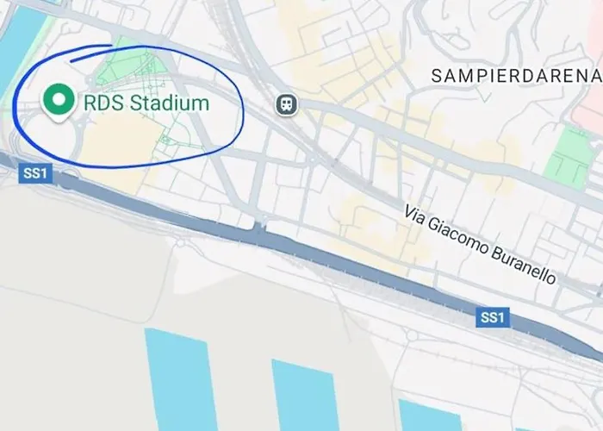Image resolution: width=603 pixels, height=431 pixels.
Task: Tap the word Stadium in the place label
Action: (x=168, y=104)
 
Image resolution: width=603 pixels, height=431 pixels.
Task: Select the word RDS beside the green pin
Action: (x=103, y=104)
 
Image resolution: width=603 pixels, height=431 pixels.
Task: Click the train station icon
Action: (x=286, y=104)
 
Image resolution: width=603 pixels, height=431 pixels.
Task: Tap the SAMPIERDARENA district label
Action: (x=513, y=75)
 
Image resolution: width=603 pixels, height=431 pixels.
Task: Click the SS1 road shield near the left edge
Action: (x=36, y=173)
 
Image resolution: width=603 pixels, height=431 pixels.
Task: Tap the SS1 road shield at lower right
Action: (x=492, y=319)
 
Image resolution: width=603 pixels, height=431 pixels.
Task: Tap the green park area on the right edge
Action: (x=570, y=155)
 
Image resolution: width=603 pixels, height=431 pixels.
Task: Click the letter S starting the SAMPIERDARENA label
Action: (x=436, y=75)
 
